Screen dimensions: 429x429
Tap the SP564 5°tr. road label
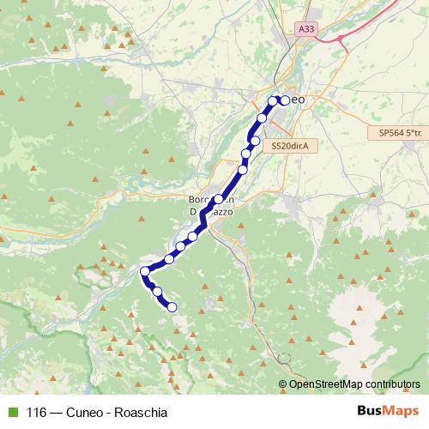click(401, 133)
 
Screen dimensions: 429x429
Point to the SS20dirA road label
click(289, 146)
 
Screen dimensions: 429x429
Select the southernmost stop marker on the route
click(172, 306)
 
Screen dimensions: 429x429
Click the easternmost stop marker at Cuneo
click(285, 100)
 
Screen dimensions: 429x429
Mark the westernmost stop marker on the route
click(145, 272)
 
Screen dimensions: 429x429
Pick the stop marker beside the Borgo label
click(219, 199)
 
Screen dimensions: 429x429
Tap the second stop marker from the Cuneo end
click(273, 101)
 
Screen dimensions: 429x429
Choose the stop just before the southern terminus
click(158, 292)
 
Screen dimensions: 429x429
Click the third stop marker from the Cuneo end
click(262, 118)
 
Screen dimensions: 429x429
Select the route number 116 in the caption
click(37, 412)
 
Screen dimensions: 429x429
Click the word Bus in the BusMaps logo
click(370, 411)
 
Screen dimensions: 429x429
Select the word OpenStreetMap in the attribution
click(328, 384)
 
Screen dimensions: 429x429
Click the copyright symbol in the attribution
click(283, 384)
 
